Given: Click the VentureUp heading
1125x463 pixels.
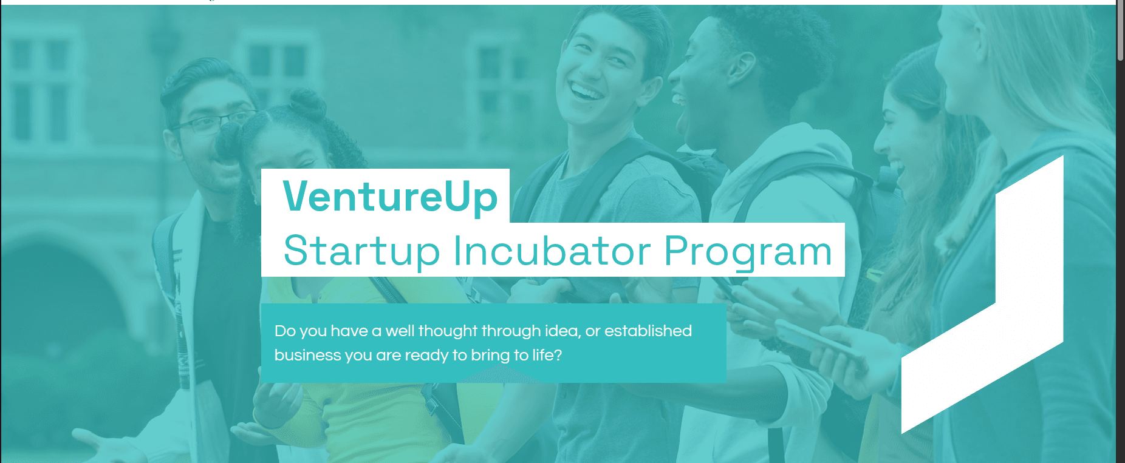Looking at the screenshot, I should [x=390, y=197].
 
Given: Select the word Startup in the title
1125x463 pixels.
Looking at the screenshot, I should [x=361, y=251].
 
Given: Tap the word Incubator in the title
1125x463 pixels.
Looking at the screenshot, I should [x=552, y=251].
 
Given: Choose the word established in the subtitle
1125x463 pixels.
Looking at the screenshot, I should [x=648, y=331].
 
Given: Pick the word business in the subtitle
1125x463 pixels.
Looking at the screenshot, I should [x=307, y=355].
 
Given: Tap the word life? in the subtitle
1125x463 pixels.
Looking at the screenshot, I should [x=547, y=355].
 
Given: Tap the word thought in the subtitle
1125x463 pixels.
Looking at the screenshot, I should [x=449, y=331].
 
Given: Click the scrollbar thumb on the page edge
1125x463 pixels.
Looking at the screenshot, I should [x=1120, y=30].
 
